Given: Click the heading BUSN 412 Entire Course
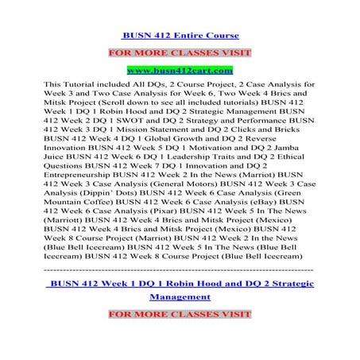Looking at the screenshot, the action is (x=180, y=36).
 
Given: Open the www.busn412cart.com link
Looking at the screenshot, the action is (x=180, y=71).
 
